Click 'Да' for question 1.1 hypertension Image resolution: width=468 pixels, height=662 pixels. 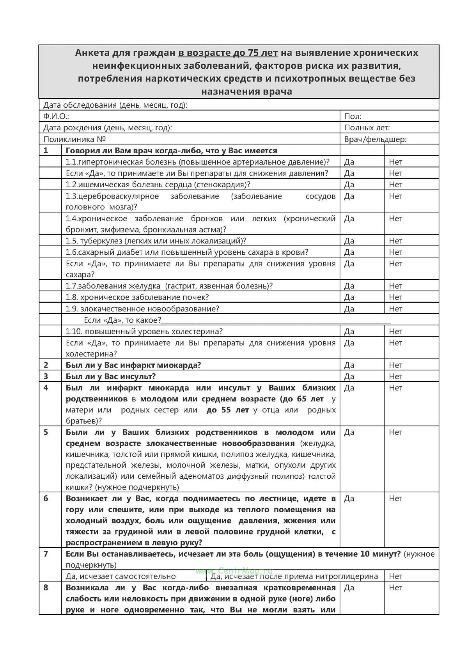point(349,162)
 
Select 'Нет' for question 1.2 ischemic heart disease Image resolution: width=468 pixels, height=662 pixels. point(395,185)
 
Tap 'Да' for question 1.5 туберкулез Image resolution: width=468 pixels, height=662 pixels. point(349,241)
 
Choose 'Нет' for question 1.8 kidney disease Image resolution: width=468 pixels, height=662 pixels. point(395,297)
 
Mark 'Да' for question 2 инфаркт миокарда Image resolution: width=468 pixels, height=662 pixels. point(349,365)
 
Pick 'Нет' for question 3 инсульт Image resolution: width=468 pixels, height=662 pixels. point(395,376)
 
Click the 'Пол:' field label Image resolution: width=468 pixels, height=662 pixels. point(353,116)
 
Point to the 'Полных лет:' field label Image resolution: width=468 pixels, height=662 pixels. point(367,128)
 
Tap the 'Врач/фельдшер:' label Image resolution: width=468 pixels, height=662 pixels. point(375,139)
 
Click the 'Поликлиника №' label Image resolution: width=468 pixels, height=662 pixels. point(74,139)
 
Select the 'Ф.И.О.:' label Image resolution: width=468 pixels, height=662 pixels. point(56,116)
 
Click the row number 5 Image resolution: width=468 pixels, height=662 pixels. point(46,432)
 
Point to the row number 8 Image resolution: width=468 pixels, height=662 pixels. point(46,587)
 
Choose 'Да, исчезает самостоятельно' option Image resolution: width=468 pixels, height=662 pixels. point(121,576)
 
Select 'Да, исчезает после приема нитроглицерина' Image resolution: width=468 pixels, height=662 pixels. point(294,576)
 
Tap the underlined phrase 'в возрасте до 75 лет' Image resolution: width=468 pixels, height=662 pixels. point(228,53)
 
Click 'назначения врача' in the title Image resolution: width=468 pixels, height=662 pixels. point(246,92)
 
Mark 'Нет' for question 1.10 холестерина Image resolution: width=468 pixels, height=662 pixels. point(395,332)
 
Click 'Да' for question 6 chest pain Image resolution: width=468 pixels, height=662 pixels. point(349,499)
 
